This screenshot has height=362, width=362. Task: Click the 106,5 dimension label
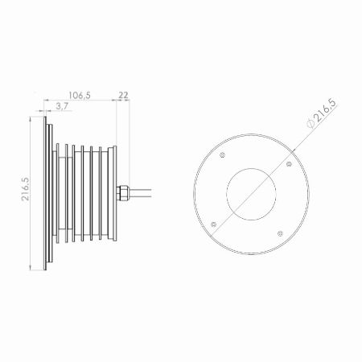pyautogui.click(x=80, y=95)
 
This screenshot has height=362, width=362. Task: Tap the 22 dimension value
pyautogui.click(x=123, y=95)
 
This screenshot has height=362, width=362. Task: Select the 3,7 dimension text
pyautogui.click(x=62, y=106)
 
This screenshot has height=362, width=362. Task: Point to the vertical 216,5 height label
pyautogui.click(x=26, y=189)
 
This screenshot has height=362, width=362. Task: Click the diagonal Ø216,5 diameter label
pyautogui.click(x=321, y=113)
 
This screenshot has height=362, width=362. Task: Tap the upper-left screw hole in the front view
pyautogui.click(x=222, y=154)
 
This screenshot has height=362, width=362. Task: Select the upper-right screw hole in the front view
pyautogui.click(x=289, y=164)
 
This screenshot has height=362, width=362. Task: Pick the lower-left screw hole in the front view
pyautogui.click(x=214, y=224)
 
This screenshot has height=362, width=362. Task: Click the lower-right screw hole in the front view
pyautogui.click(x=280, y=233)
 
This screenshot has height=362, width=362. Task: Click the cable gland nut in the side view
pyautogui.click(x=123, y=193)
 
